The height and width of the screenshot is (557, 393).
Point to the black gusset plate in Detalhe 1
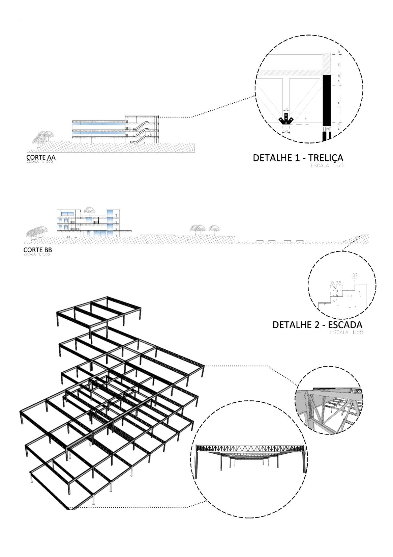click(286, 119)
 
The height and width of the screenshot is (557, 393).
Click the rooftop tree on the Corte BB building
click(89, 210)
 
